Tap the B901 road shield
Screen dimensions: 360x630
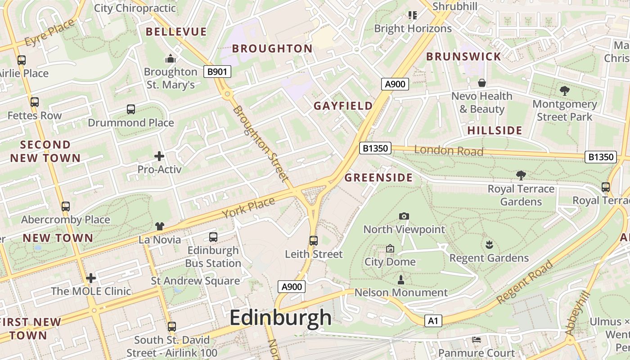pyautogui.click(x=217, y=71)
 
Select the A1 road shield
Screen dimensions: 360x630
pyautogui.click(x=433, y=321)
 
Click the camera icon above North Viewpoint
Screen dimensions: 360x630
pyautogui.click(x=404, y=216)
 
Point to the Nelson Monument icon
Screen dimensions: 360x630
pyautogui.click(x=401, y=279)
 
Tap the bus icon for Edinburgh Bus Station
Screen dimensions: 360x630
pyautogui.click(x=213, y=237)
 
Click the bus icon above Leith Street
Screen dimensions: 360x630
pyautogui.click(x=314, y=240)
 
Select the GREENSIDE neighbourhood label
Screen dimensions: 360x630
pyautogui.click(x=378, y=178)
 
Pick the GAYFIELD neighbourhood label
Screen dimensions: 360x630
pyautogui.click(x=343, y=106)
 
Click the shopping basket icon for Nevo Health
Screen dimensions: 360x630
pyautogui.click(x=482, y=83)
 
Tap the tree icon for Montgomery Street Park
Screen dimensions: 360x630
pyautogui.click(x=565, y=91)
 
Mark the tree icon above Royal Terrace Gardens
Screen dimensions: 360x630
pyautogui.click(x=521, y=175)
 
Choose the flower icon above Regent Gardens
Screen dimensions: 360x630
pyautogui.click(x=489, y=245)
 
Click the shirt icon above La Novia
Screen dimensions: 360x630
pyautogui.click(x=160, y=226)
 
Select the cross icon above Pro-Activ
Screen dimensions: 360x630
pyautogui.click(x=159, y=156)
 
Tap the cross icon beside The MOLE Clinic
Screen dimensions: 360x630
pyautogui.click(x=91, y=278)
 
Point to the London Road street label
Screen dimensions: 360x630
pyautogui.click(x=448, y=151)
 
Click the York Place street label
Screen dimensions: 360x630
pyautogui.click(x=248, y=208)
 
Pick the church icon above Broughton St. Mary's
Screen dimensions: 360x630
pyautogui.click(x=170, y=58)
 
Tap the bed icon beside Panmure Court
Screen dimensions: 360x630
pyautogui.click(x=477, y=339)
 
